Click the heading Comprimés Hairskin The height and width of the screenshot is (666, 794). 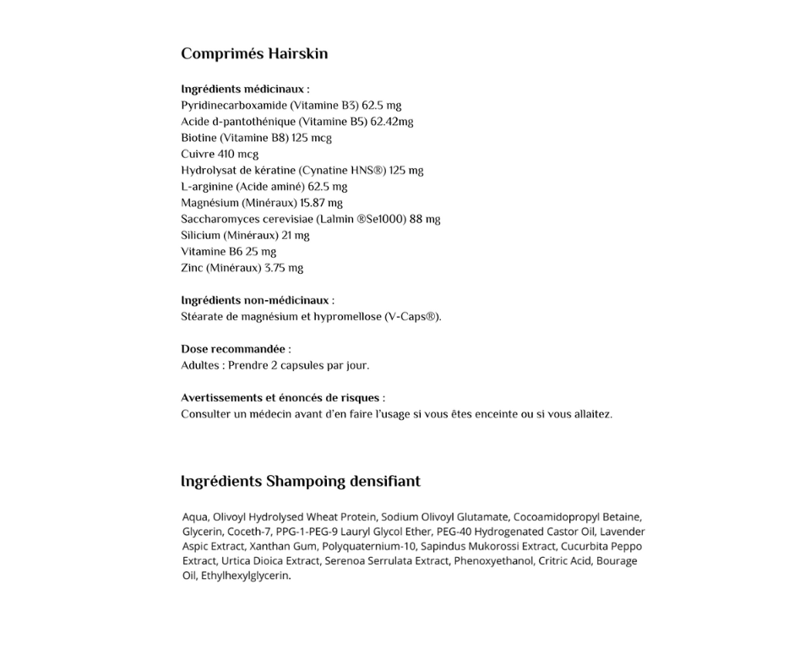tap(254, 54)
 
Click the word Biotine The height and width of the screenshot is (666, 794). tap(198, 138)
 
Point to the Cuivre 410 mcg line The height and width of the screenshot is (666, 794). tap(220, 154)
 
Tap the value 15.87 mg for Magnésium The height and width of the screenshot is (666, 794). tap(321, 203)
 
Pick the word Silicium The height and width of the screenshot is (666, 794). tap(200, 235)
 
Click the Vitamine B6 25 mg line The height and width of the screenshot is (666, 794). tap(228, 251)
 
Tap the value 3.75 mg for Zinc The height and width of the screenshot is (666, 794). tap(284, 268)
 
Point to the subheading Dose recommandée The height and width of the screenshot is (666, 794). tap(234, 349)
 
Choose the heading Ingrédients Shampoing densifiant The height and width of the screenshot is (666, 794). tap(300, 482)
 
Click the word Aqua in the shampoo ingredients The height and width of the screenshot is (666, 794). tap(194, 516)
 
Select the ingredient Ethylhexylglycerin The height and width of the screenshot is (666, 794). tap(244, 576)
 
